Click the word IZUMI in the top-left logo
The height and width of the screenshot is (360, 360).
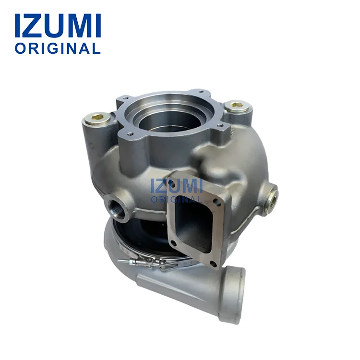tap(58, 26)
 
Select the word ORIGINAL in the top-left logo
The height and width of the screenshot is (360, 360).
tap(58, 48)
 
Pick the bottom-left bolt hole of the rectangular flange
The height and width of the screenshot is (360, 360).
tap(174, 243)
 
